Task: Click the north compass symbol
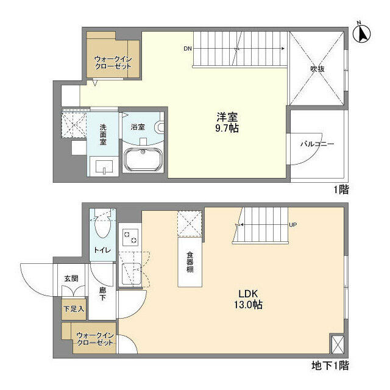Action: tap(362, 34)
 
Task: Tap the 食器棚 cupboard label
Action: tap(190, 262)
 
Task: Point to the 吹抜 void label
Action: tap(317, 69)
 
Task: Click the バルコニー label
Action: tap(317, 144)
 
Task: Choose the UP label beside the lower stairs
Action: tap(292, 225)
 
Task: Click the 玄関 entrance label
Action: tap(71, 278)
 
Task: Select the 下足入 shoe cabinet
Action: tap(74, 309)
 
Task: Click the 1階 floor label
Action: tap(340, 190)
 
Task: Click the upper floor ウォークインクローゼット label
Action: tap(112, 62)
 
